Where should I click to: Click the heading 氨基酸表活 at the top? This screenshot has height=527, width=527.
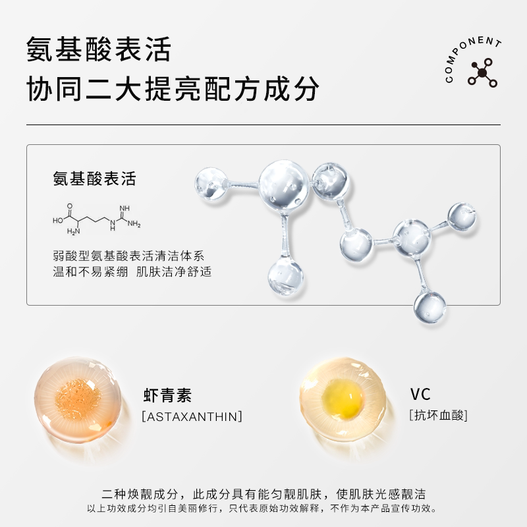pos(98,51)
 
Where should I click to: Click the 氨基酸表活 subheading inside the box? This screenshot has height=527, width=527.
pos(94,179)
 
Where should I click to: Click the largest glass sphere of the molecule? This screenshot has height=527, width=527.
pos(284,188)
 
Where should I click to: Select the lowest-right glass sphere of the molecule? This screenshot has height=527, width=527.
pos(430,306)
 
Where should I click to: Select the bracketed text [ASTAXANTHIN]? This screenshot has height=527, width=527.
pos(192,416)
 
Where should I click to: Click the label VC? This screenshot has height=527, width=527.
pos(420,395)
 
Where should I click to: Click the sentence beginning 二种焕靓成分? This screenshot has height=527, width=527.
pos(263,494)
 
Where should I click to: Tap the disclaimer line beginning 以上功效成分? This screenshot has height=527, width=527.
pos(263,509)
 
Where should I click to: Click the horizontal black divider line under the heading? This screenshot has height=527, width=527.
pos(263,125)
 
